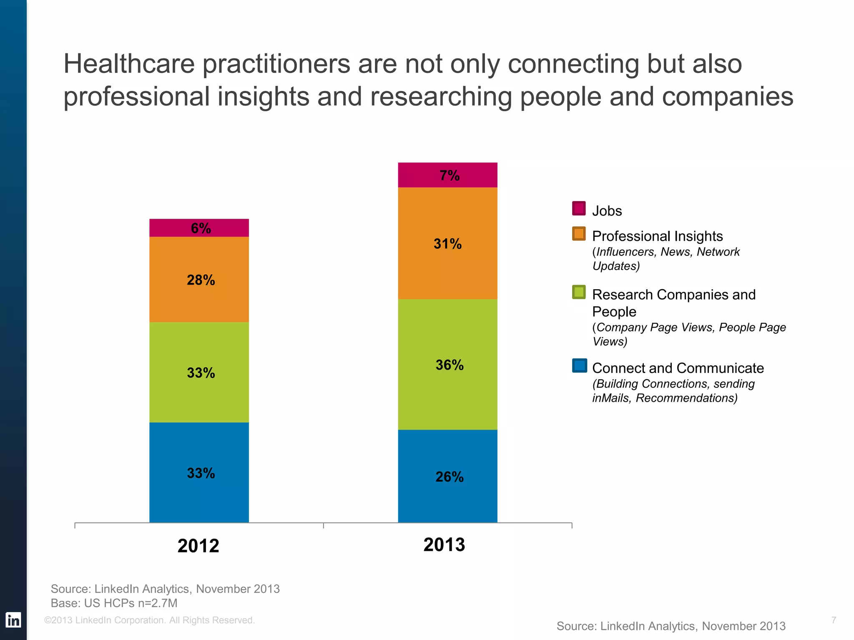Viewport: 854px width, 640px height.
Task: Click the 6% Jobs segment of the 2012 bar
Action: (x=199, y=228)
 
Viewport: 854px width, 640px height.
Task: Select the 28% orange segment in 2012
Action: (x=199, y=279)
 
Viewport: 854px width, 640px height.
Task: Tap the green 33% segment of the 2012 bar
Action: (x=199, y=372)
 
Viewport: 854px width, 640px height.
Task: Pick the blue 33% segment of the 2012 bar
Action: (x=199, y=472)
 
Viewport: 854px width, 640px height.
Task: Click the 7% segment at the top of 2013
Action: (x=447, y=175)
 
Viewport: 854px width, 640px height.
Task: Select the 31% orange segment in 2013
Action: (x=447, y=243)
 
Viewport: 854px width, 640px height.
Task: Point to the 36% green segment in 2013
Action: (x=447, y=365)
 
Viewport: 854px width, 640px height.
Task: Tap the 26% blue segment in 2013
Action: (x=447, y=476)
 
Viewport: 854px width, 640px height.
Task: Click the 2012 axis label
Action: (x=198, y=546)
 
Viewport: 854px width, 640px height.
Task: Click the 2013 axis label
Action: (x=444, y=545)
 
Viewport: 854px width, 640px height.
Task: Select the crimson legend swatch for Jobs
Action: (x=579, y=208)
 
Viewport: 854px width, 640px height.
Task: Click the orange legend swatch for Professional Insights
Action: (x=579, y=234)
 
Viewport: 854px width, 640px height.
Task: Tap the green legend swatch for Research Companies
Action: (x=579, y=292)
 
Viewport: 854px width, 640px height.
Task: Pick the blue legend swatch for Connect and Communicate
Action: (x=579, y=365)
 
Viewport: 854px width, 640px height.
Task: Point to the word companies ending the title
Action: (x=727, y=97)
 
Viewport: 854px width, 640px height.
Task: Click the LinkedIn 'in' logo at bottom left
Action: (x=13, y=620)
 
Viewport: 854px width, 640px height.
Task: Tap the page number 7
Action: (x=833, y=620)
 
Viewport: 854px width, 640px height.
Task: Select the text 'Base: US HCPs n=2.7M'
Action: (x=114, y=603)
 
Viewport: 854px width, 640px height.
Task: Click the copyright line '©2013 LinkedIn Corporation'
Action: (x=149, y=620)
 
